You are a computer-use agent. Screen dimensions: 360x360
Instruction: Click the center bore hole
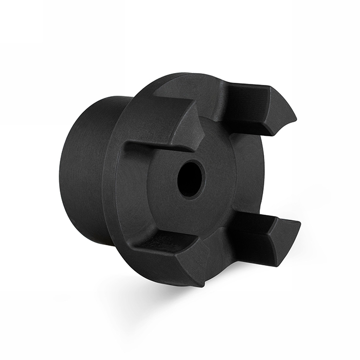point(190,178)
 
